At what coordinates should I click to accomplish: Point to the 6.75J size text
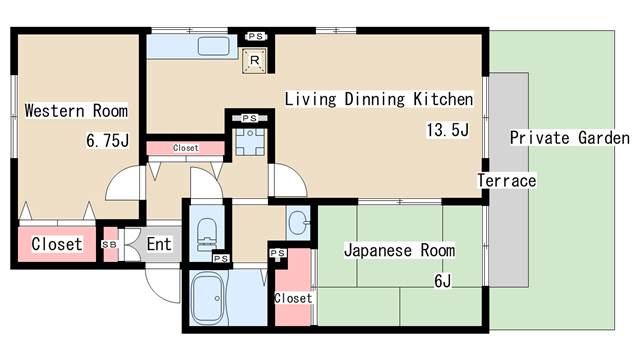tap(108, 141)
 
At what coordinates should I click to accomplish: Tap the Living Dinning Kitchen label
tap(378, 99)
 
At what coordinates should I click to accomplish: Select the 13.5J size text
tap(447, 130)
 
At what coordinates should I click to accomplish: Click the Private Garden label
tap(569, 138)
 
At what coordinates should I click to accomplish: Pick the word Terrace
tap(506, 181)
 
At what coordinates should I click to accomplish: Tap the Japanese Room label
tap(399, 250)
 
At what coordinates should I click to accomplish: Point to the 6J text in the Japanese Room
tap(442, 280)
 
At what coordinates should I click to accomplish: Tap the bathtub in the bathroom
tap(211, 298)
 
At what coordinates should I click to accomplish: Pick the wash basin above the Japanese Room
tap(299, 220)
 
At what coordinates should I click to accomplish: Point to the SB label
tap(109, 244)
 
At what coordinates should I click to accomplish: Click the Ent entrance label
tap(158, 243)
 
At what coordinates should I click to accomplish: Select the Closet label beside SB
tap(56, 243)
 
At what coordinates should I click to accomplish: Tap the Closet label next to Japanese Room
tap(293, 298)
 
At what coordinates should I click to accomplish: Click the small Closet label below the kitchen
tap(185, 148)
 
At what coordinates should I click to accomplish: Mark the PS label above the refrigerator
tap(255, 36)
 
